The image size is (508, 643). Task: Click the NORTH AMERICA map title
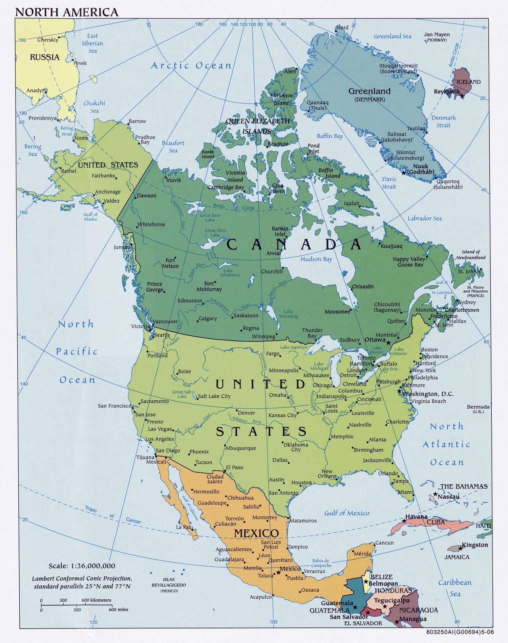click(x=67, y=12)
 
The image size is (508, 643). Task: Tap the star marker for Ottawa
click(x=388, y=342)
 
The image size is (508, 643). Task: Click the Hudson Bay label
click(x=316, y=259)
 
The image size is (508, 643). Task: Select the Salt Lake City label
click(x=214, y=396)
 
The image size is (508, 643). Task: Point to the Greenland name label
click(x=369, y=91)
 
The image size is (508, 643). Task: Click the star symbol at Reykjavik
click(x=462, y=96)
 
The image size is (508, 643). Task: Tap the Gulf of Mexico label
click(x=347, y=513)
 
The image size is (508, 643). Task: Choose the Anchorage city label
click(x=108, y=192)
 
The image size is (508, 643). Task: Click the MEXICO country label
click(x=256, y=533)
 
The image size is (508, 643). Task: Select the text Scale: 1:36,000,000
click(x=82, y=566)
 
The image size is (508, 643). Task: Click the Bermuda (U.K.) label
click(x=478, y=408)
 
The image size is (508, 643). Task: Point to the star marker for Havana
click(x=404, y=521)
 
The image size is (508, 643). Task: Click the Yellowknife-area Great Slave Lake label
click(x=215, y=232)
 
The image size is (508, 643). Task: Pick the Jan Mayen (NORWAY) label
click(x=437, y=37)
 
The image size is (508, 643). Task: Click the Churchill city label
click(x=272, y=271)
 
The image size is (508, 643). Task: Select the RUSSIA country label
click(x=45, y=57)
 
